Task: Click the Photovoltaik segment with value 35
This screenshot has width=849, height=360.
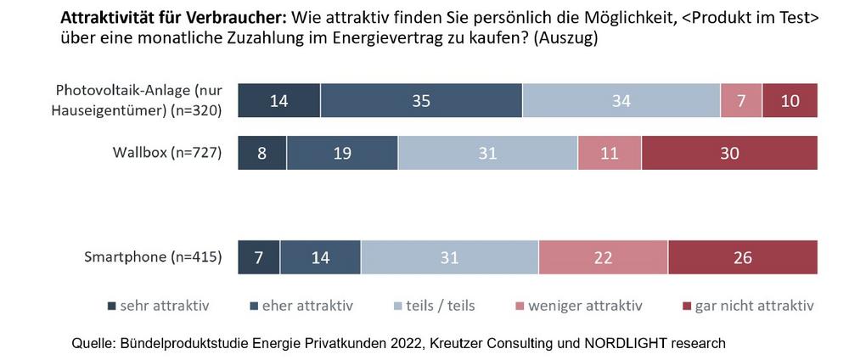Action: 421,101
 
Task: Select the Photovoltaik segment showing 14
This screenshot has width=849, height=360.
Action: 279,101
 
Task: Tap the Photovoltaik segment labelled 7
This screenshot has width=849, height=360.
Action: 741,101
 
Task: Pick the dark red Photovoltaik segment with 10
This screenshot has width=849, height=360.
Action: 790,101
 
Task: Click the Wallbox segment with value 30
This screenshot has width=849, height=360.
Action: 729,154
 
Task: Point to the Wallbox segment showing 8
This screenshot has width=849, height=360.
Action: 262,154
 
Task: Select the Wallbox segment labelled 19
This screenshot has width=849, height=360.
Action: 342,154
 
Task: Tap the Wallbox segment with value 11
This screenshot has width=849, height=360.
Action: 610,154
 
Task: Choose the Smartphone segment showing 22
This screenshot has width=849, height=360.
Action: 603,257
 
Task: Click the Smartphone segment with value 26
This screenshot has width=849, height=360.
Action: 743,257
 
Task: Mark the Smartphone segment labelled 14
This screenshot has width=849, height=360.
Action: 320,257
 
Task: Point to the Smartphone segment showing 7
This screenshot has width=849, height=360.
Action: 259,257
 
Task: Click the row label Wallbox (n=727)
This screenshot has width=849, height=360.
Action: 167,154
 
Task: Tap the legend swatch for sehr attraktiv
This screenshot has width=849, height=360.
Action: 113,305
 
